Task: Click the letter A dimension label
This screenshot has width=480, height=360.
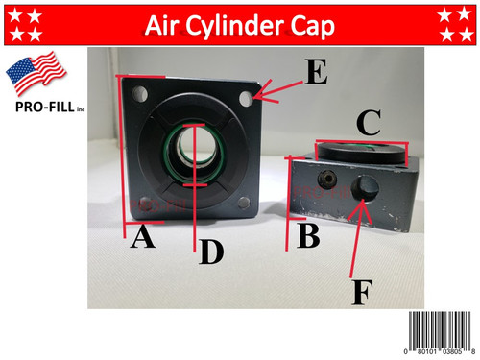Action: (x=142, y=237)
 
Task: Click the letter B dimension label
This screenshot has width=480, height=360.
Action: (x=308, y=234)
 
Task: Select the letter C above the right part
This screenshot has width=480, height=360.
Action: (x=367, y=121)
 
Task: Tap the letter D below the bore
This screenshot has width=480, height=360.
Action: (x=211, y=252)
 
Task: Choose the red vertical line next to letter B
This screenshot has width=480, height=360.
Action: (x=288, y=202)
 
